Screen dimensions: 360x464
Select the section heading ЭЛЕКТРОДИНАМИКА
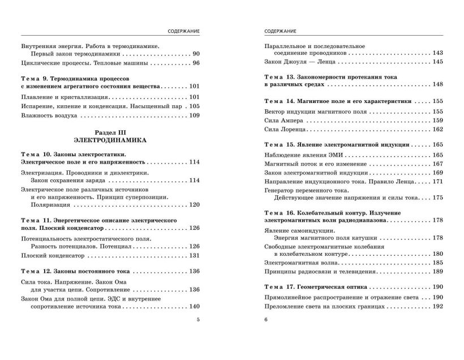pos(110,139)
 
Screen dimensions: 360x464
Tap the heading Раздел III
pos(110,130)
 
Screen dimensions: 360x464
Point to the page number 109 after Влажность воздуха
pos(194,115)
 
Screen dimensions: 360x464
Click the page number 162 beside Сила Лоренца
pos(437,129)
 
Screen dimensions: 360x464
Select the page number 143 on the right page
pos(437,53)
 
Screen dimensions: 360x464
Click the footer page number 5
pos(197,319)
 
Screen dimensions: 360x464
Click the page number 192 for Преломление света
pos(437,306)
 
